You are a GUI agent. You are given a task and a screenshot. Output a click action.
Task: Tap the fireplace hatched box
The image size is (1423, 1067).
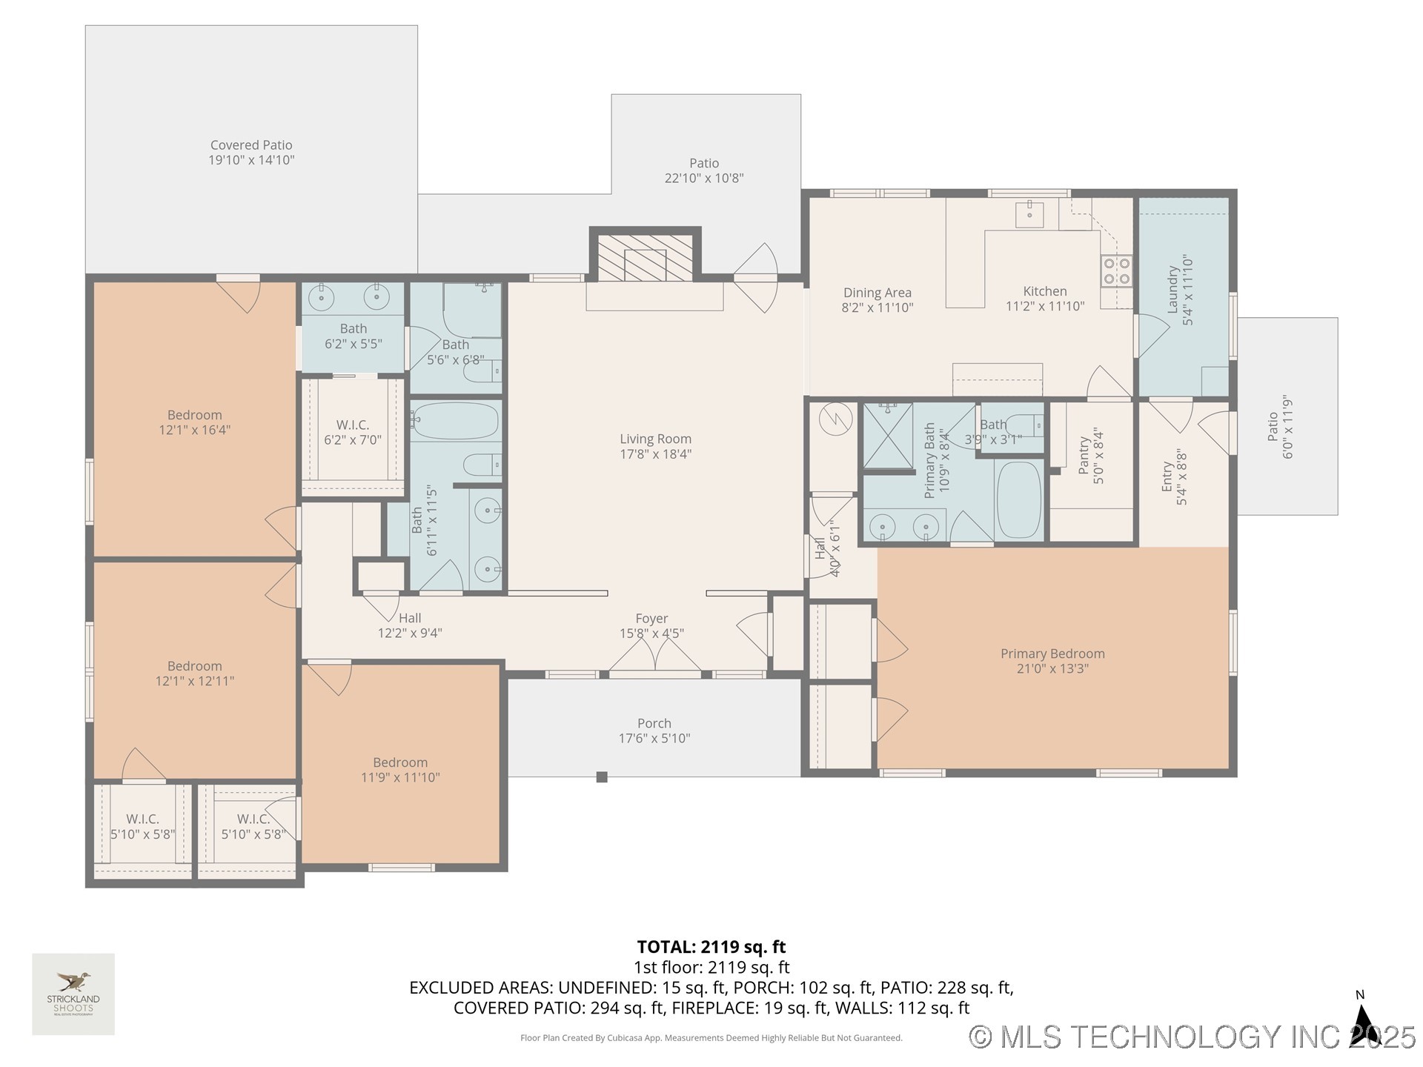pos(645,258)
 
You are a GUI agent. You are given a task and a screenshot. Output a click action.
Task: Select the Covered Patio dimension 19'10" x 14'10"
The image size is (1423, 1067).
pos(251,160)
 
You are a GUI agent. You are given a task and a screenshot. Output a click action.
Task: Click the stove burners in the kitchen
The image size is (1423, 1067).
pos(1116,270)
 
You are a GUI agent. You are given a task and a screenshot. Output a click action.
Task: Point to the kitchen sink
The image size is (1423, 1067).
pos(1029,215)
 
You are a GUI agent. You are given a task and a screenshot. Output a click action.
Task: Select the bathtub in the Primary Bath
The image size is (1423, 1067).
pos(1019,500)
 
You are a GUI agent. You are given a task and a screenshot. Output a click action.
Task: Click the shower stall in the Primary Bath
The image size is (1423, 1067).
pos(888,436)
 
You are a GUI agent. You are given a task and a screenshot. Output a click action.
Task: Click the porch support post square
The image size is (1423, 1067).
pos(602,777)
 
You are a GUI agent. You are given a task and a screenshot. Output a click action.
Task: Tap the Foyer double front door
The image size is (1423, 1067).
pos(655,656)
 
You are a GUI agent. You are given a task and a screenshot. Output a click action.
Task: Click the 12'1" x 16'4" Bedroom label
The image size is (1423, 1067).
pos(194,422)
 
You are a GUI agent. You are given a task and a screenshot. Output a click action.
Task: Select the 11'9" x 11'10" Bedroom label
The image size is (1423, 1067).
pos(400,770)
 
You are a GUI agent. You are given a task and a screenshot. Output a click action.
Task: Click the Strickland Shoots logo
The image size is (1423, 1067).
pos(73,994)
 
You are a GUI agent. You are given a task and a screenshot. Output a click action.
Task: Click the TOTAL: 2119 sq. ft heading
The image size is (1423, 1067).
pos(711,947)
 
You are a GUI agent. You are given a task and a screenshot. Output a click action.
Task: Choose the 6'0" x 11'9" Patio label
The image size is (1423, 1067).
pos(1280,426)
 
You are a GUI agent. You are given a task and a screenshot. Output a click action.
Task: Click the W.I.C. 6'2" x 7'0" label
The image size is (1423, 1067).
pos(353,432)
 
